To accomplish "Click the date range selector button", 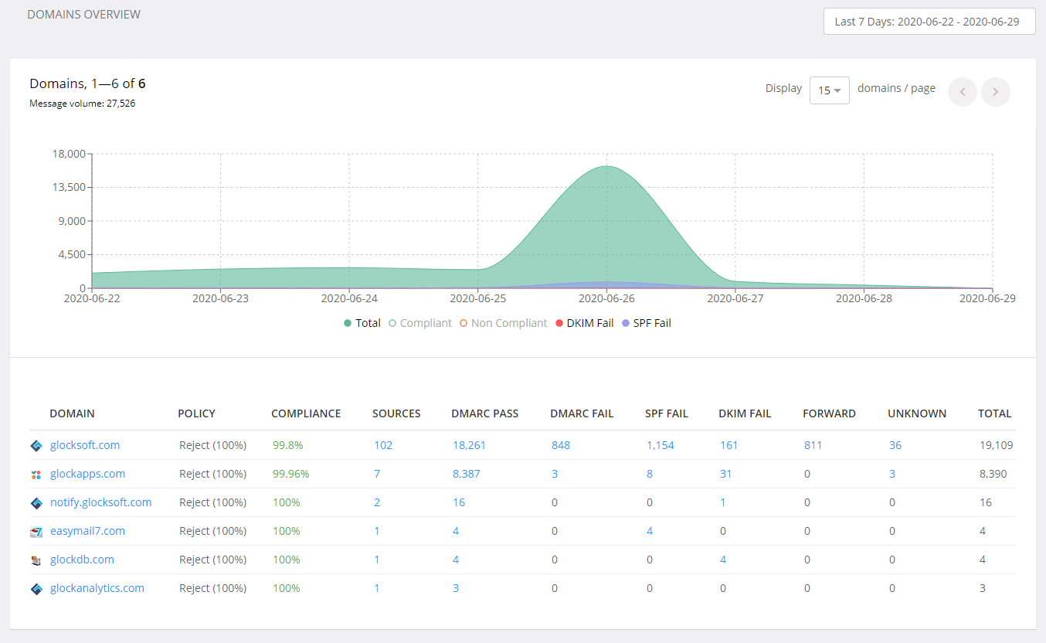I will pos(929,22).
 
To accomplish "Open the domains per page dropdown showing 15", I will pos(829,90).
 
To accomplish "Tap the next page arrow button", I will pos(995,92).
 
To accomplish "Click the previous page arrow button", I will pos(962,92).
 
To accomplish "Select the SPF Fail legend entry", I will pos(647,323).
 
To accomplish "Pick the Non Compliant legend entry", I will pos(503,323).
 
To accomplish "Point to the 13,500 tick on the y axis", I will pos(67,187).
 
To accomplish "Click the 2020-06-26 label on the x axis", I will pos(606,298).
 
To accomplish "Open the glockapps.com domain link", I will pos(87,474).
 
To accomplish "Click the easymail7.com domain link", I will pos(87,531).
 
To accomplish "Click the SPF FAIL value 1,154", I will pos(660,445).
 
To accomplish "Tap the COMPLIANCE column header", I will pos(306,413).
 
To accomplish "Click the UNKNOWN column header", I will pos(917,413).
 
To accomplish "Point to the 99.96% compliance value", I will pos(290,474).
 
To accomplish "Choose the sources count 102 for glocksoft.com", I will pos(383,445).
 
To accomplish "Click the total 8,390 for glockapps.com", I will pos(993,474).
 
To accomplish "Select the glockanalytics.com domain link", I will pos(97,588).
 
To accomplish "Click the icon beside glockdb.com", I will pos(36,560).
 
